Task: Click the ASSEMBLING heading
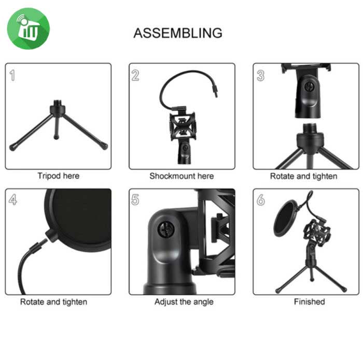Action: click(x=178, y=33)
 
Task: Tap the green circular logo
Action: click(x=29, y=28)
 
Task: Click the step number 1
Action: click(x=12, y=76)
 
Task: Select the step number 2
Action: click(x=135, y=76)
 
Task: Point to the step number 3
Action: click(x=260, y=76)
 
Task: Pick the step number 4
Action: click(x=13, y=199)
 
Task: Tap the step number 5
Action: click(x=135, y=199)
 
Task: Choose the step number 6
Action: click(x=260, y=199)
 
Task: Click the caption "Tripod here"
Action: click(x=59, y=176)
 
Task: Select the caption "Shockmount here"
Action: click(x=181, y=176)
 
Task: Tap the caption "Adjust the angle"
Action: click(x=184, y=302)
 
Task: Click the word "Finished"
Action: click(x=309, y=301)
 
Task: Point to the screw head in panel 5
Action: click(x=166, y=229)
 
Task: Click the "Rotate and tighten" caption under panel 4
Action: click(x=54, y=302)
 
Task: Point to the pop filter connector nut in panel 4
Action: click(x=51, y=235)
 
